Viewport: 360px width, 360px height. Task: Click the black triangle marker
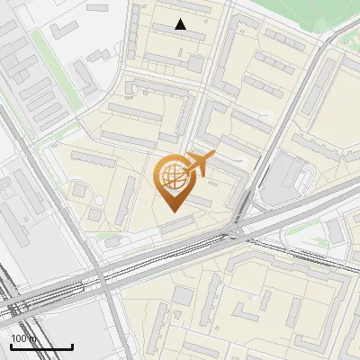point(181,25)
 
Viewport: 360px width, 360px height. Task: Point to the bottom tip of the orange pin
point(173,211)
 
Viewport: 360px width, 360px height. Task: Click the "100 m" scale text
point(23,338)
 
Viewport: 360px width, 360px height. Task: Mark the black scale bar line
point(41,346)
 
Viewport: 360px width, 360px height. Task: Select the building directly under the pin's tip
point(179,225)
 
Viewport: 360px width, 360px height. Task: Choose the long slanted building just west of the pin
point(127,201)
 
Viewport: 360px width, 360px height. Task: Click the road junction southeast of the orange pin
point(236,231)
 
